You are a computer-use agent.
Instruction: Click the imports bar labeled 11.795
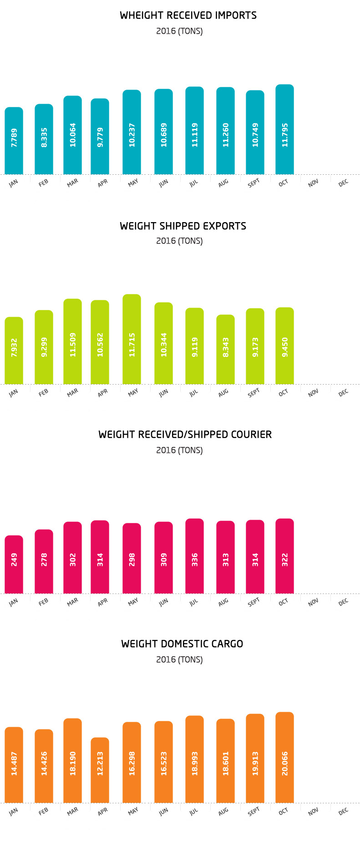tap(284, 130)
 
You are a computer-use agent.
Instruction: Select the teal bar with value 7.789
tap(14, 141)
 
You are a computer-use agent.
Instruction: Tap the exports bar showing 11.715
tap(132, 339)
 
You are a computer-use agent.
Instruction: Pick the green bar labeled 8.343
tap(225, 350)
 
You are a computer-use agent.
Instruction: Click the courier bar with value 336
tap(194, 556)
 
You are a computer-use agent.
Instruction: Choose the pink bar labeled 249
tap(14, 564)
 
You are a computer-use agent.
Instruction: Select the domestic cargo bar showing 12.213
tap(100, 770)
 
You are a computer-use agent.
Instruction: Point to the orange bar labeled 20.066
tap(284, 758)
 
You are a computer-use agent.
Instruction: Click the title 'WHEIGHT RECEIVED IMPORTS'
tap(188, 15)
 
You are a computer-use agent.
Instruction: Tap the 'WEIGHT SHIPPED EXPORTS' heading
tap(183, 226)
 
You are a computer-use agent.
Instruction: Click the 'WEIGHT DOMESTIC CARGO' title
tap(182, 644)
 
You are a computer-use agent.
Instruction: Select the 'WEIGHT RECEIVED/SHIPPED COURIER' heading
tap(185, 435)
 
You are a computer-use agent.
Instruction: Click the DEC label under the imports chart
tap(343, 183)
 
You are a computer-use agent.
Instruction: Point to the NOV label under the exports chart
tap(313, 393)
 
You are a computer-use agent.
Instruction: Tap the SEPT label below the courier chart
tap(254, 602)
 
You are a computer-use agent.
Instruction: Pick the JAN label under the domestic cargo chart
tap(14, 811)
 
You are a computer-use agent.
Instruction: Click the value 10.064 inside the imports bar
tap(73, 135)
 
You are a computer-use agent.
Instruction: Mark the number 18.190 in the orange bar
tap(73, 763)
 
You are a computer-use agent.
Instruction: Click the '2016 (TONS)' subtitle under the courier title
tap(179, 450)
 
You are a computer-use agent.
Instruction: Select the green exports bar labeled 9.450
tap(284, 346)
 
